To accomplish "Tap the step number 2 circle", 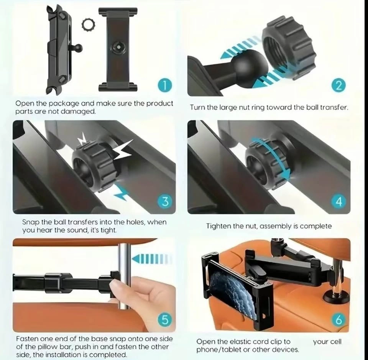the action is pyautogui.click(x=338, y=86).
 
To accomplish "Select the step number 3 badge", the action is pyautogui.click(x=166, y=202).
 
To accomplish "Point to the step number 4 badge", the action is pyautogui.click(x=339, y=202).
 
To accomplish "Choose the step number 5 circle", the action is pyautogui.click(x=166, y=320).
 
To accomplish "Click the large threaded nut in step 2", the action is pyautogui.click(x=289, y=47).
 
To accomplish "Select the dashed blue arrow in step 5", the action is pyautogui.click(x=152, y=259).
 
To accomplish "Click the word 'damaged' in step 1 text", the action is pyautogui.click(x=78, y=111).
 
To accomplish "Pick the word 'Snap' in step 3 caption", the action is pyautogui.click(x=31, y=222).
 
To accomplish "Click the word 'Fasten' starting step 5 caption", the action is pyautogui.click(x=27, y=339).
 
